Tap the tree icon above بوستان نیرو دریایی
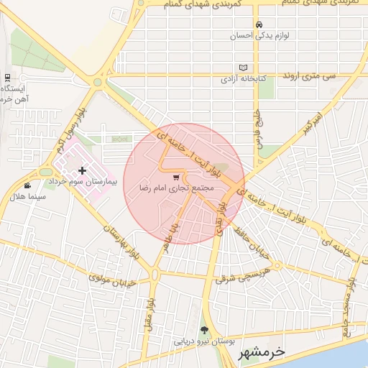[205, 331]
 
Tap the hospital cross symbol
[82, 170]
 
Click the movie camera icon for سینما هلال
[27, 185]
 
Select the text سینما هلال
[28, 195]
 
